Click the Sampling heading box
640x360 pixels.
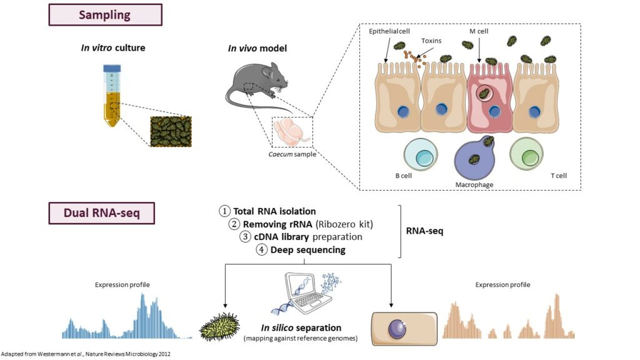[x=104, y=14]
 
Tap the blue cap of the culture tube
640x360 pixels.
[x=112, y=69]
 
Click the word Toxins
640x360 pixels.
[x=431, y=41]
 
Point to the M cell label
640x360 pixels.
[x=479, y=29]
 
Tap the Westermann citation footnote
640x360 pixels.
[x=86, y=354]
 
